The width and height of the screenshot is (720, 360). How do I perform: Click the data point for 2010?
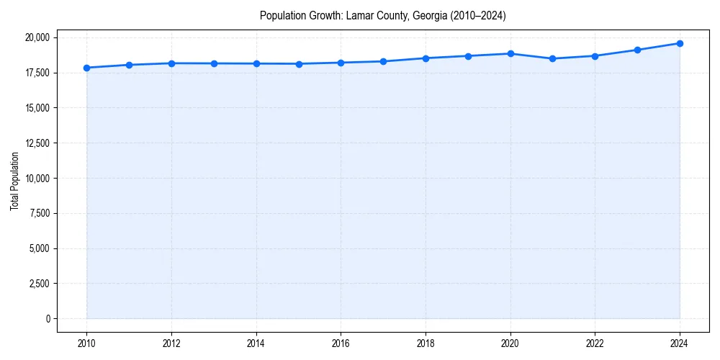tap(86, 68)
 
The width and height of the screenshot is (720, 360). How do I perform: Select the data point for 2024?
tap(680, 43)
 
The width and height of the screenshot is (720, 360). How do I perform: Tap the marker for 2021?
tap(552, 58)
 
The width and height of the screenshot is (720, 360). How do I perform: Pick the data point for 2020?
tap(510, 53)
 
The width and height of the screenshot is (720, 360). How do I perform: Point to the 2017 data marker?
tap(383, 61)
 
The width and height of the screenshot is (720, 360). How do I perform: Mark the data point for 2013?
tap(214, 63)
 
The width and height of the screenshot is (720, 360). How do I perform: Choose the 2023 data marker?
tap(637, 50)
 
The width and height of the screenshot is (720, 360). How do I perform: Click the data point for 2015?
tap(299, 64)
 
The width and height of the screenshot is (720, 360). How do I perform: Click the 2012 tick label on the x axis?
tap(171, 344)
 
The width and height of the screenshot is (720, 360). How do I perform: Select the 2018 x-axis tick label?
tap(426, 344)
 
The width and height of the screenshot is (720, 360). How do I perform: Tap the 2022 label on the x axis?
tap(595, 344)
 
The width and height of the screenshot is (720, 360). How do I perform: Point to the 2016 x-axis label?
tap(341, 344)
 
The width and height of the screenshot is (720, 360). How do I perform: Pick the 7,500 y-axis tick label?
tap(39, 213)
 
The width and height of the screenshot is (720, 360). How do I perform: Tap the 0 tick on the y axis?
tap(48, 319)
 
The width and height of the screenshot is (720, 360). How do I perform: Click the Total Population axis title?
tap(14, 181)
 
